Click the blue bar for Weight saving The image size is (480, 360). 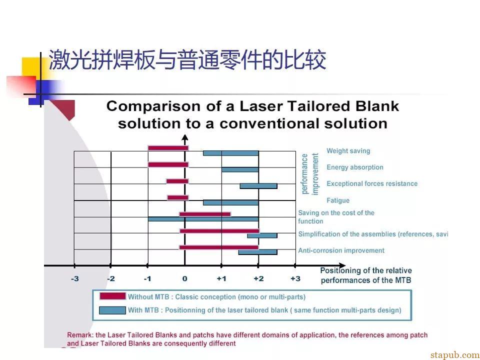click(x=231, y=153)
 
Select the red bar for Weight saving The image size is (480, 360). click(x=168, y=148)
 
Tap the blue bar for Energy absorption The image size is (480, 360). click(x=240, y=169)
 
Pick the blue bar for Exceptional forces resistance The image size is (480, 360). click(x=258, y=186)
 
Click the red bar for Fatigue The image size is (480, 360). click(x=178, y=197)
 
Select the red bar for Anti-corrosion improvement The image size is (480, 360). click(x=219, y=247)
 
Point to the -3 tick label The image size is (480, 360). click(x=74, y=279)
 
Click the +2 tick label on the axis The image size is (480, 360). click(x=258, y=279)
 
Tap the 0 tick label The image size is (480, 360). click(x=184, y=279)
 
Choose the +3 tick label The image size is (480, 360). click(x=295, y=279)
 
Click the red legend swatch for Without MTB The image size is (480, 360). click(x=112, y=296)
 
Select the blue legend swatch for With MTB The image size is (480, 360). click(x=112, y=310)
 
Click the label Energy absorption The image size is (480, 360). click(x=355, y=167)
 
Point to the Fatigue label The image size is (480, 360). click(x=338, y=200)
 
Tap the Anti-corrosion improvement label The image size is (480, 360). click(x=341, y=250)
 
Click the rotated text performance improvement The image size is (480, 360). click(x=310, y=174)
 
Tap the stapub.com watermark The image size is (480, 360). click(x=455, y=355)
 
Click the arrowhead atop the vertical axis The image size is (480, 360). click(x=184, y=138)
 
